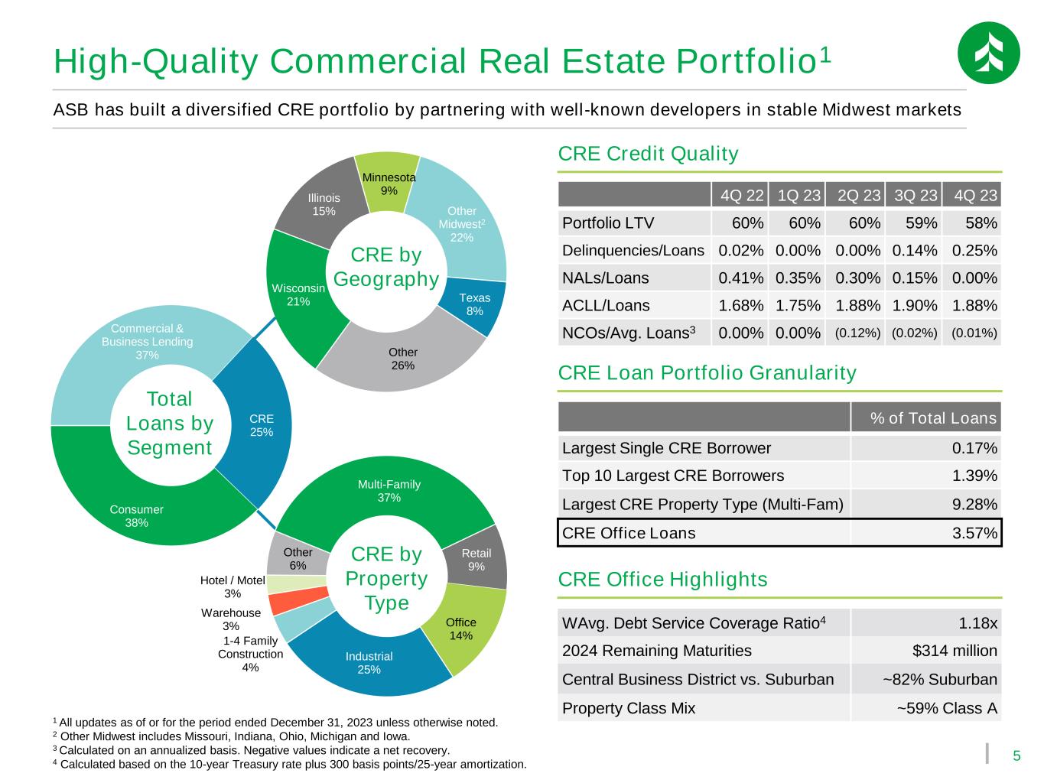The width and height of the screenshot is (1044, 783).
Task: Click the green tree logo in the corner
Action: pyautogui.click(x=988, y=53)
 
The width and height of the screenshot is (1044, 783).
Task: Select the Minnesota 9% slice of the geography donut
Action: pyautogui.click(x=388, y=183)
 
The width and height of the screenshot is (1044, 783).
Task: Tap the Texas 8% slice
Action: pyautogui.click(x=473, y=304)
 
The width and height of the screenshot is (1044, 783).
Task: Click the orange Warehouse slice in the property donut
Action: pyautogui.click(x=298, y=600)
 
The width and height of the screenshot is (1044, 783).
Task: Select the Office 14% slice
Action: pyautogui.click(x=460, y=629)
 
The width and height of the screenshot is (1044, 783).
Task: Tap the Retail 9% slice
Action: pyautogui.click(x=476, y=559)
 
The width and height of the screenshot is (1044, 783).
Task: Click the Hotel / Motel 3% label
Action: pyautogui.click(x=232, y=586)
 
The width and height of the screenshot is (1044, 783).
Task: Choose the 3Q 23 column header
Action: pyautogui.click(x=915, y=195)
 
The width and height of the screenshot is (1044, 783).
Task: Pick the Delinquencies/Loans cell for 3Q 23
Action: pyautogui.click(x=914, y=250)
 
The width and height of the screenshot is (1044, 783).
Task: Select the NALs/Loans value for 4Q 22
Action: pyautogui.click(x=740, y=278)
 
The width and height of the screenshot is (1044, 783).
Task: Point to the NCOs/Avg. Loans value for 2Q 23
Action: pyautogui.click(x=857, y=333)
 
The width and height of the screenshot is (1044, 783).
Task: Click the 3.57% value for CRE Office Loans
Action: pyautogui.click(x=974, y=533)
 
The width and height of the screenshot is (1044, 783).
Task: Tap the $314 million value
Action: pyautogui.click(x=955, y=651)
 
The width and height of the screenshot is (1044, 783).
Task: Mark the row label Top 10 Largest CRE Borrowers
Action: pyautogui.click(x=672, y=476)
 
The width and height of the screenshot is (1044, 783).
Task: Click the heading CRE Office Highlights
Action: pyautogui.click(x=662, y=579)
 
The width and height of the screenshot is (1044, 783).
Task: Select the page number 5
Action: pyautogui.click(x=1016, y=756)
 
